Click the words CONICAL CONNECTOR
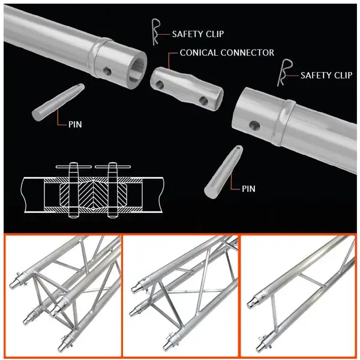pyautogui.click(x=227, y=53)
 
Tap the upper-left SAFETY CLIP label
pyautogui.click(x=198, y=34)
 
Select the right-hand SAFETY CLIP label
pyautogui.click(x=326, y=75)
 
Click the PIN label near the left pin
pyautogui.click(x=75, y=124)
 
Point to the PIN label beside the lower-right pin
pyautogui.click(x=248, y=189)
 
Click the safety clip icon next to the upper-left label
pyautogui.click(x=155, y=32)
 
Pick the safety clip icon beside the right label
pyautogui.click(x=284, y=73)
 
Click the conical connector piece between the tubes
pyautogui.click(x=187, y=89)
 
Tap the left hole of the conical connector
pyautogui.click(x=160, y=85)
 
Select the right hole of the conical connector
pyautogui.click(x=203, y=101)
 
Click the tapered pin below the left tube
pyautogui.click(x=58, y=102)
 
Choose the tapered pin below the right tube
pyautogui.click(x=223, y=171)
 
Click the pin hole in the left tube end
pyautogui.click(x=107, y=71)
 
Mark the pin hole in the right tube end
pyautogui.click(x=254, y=125)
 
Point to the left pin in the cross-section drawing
pyautogui.click(x=73, y=190)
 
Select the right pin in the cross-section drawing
pyautogui.click(x=113, y=190)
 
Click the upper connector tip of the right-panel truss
pyautogui.click(x=253, y=304)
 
